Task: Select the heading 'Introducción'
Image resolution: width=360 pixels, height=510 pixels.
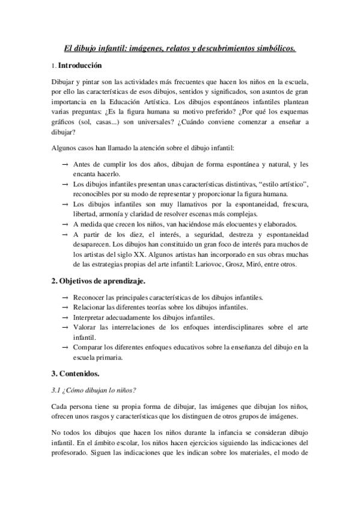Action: click(x=80, y=66)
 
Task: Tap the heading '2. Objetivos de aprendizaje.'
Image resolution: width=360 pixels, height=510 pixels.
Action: click(x=98, y=281)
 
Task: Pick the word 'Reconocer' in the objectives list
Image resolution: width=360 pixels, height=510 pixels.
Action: click(x=91, y=297)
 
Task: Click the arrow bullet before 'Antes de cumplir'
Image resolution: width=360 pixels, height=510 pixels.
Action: click(x=64, y=164)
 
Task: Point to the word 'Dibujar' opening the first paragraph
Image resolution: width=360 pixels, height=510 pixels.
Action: click(x=64, y=82)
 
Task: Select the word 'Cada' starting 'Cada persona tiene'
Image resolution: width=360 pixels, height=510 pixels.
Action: click(x=59, y=407)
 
